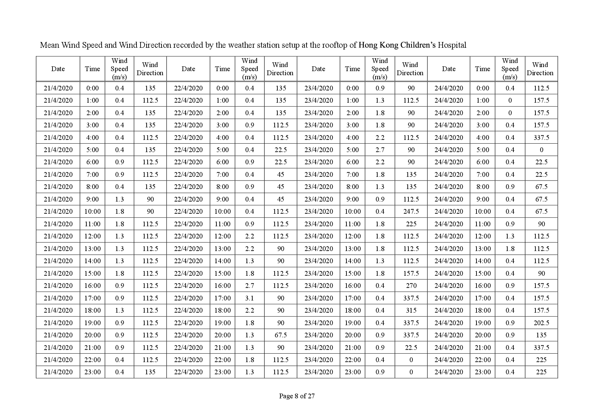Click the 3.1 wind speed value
[x=250, y=298]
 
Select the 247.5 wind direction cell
[x=411, y=211]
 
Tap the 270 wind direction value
[x=411, y=286]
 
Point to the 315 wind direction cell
[x=411, y=310]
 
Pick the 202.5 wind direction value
[x=541, y=323]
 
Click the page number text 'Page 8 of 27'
[x=297, y=396]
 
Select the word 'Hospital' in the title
[x=452, y=45]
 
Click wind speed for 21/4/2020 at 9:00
[x=120, y=199]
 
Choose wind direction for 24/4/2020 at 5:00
[x=541, y=150]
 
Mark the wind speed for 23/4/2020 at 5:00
[x=380, y=150]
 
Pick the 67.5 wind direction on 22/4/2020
[x=281, y=335]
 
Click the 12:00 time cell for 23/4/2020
[x=353, y=236]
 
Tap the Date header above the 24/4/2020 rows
[x=449, y=69]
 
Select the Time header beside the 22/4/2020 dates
[x=222, y=69]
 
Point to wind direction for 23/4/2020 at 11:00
[x=411, y=224]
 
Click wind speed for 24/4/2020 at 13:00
[x=510, y=249]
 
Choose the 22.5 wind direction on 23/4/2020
[x=411, y=348]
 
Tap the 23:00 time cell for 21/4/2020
[x=92, y=372]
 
